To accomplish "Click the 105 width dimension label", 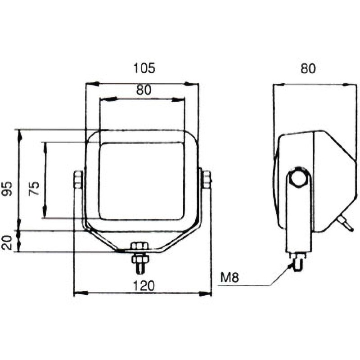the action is pos(144,68).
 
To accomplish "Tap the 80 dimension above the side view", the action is pos(308,68).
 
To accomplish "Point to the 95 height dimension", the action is pos(8,188).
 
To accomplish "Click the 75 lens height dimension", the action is pos(34,188).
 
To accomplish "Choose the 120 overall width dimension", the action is pos(144,286).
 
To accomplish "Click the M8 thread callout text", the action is pos(229,277).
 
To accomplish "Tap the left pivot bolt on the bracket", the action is pos(78,180).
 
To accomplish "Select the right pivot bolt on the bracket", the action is pos(207,180).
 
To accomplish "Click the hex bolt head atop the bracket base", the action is pos(139,246).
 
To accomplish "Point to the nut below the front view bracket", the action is pos(140,259).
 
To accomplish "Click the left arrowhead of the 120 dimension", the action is pos(81,293).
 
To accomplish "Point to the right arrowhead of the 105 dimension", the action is pos(192,84).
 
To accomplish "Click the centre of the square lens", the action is pos(142,181).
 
